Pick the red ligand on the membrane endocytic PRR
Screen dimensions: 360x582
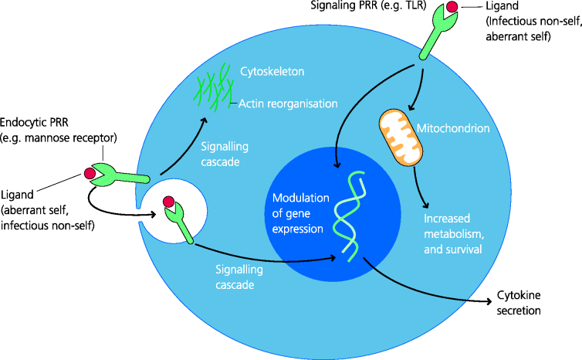pos(90,173)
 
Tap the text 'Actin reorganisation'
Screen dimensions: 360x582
pos(287,103)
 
